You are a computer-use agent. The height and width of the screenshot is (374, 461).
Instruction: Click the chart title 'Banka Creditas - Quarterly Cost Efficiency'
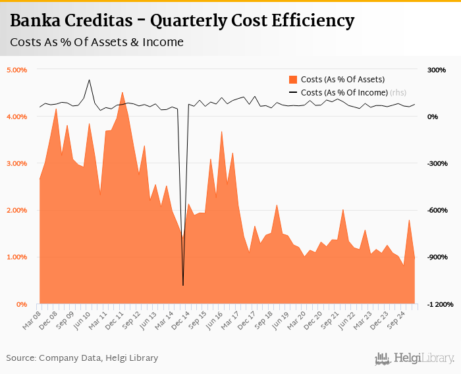182,20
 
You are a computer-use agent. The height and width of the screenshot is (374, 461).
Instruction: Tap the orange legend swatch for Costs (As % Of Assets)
294,80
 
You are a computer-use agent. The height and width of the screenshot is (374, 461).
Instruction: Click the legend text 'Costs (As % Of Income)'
344,93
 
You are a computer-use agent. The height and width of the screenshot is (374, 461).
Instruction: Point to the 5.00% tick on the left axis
16,70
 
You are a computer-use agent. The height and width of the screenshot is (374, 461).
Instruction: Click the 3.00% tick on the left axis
16,163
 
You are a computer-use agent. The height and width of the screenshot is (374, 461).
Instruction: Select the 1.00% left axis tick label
16,257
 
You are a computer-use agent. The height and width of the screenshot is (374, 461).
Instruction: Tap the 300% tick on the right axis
437,70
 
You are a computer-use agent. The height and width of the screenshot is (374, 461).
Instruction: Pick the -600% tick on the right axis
437,210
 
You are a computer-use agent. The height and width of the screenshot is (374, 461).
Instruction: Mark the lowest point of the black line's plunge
183,285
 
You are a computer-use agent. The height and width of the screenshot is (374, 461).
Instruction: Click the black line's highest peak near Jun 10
89,80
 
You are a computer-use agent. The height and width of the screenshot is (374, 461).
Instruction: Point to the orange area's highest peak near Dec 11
122,92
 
